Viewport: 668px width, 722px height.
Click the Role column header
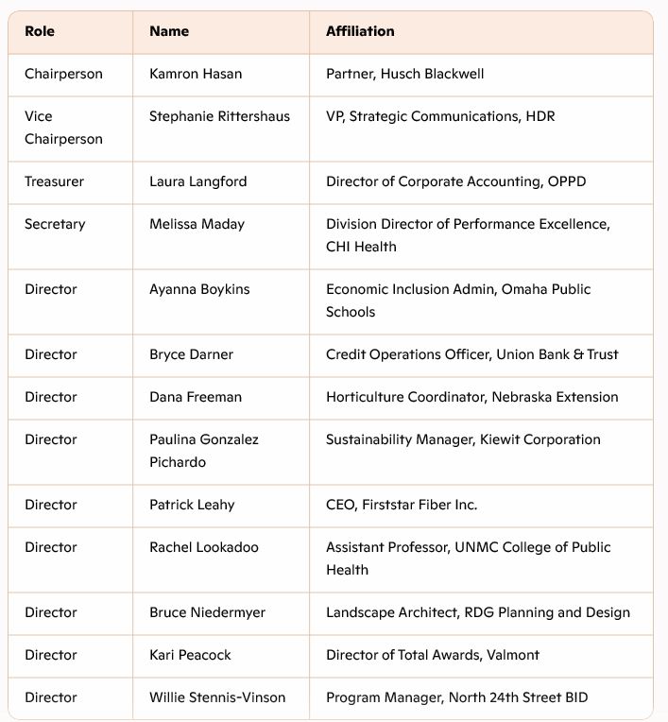pos(40,31)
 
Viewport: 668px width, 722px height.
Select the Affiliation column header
pos(360,31)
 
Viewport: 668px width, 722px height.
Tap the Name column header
pos(169,31)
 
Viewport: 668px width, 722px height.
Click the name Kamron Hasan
pos(195,74)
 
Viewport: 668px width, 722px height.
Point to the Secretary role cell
pos(55,224)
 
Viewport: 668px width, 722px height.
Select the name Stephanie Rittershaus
pos(219,116)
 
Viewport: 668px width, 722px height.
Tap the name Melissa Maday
pos(197,224)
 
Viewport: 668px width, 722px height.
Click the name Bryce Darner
pos(191,354)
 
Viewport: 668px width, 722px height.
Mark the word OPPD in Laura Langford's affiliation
pos(567,181)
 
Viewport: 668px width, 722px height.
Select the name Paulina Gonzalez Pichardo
pos(204,451)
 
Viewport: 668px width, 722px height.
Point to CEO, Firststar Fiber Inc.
pos(402,505)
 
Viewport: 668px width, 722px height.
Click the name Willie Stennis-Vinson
pos(217,697)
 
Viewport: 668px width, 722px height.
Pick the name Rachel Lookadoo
pos(204,547)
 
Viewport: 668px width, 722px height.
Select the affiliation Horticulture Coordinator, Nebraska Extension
pos(472,397)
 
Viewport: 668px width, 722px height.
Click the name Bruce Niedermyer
pos(207,612)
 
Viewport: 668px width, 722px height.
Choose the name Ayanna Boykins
pos(199,289)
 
